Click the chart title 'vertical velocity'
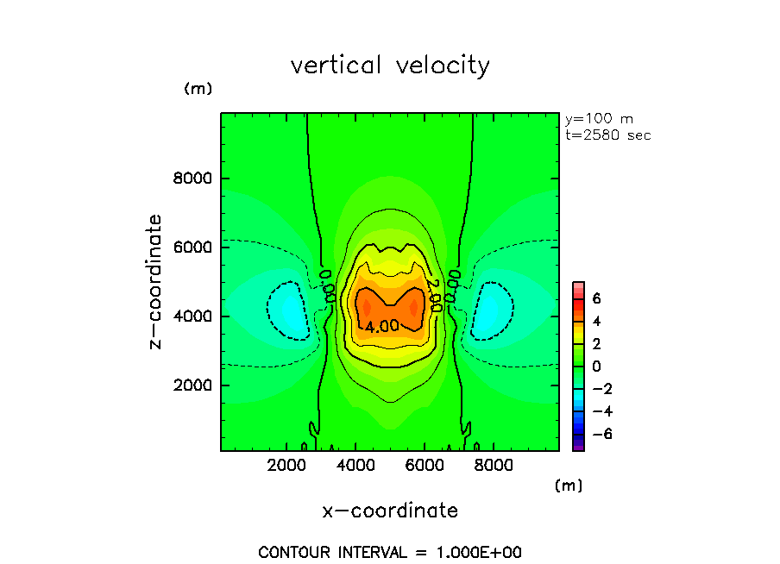click(390, 66)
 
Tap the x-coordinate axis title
click(390, 511)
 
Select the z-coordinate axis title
click(156, 282)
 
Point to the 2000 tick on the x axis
click(287, 467)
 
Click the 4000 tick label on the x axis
click(355, 467)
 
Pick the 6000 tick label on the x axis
click(424, 467)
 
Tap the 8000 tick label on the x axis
click(491, 467)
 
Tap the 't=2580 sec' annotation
click(607, 135)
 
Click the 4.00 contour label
click(381, 327)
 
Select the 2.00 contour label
click(434, 295)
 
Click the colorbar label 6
click(595, 298)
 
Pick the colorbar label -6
click(600, 434)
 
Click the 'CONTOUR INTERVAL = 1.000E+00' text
click(390, 552)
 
